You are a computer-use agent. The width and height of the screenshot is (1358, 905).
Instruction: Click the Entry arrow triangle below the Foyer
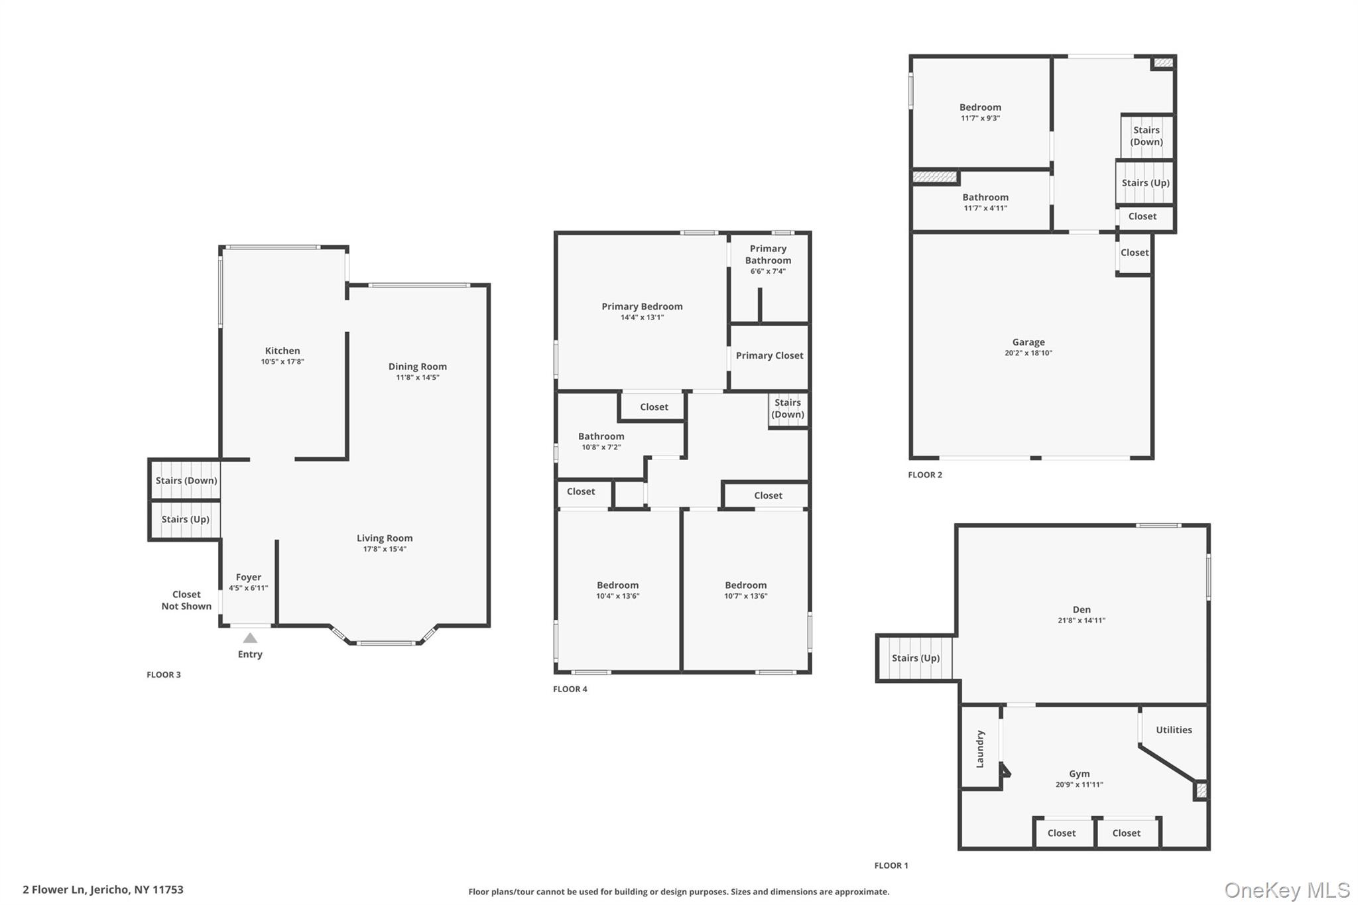coord(250,638)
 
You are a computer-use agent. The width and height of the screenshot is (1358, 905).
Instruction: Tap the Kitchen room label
coord(282,351)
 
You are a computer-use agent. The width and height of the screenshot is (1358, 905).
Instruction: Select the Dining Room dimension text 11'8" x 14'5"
coord(418,378)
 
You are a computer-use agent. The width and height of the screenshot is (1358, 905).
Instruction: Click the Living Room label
coord(385,538)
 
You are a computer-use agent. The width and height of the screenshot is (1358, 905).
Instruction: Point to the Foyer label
coord(249,577)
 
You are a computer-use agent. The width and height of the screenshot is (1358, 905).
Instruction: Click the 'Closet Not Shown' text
coord(186,601)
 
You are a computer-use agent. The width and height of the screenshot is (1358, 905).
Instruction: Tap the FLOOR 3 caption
coord(164,675)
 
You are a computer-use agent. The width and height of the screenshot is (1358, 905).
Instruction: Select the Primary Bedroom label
coord(642,306)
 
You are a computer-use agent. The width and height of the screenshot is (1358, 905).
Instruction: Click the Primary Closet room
coord(769,356)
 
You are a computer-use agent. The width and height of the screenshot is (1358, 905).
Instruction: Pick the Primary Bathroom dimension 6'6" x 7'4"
coord(768,271)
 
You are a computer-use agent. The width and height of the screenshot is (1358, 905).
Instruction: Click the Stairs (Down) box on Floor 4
coord(788,408)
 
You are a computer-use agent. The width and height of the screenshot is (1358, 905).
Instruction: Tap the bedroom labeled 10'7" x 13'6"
coord(745,590)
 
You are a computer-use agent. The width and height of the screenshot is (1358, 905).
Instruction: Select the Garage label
coord(1028,343)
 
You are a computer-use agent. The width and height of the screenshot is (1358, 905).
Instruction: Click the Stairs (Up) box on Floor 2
coord(1145,183)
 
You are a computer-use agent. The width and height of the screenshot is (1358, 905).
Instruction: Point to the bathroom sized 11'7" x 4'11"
coord(985,202)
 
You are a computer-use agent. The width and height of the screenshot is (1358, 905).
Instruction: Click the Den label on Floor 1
coord(1081,610)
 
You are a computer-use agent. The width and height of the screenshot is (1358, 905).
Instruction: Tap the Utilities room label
coord(1174,730)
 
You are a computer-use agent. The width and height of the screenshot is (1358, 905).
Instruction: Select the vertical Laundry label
coord(980,749)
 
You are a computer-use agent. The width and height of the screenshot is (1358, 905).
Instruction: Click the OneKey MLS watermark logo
coord(1286,890)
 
